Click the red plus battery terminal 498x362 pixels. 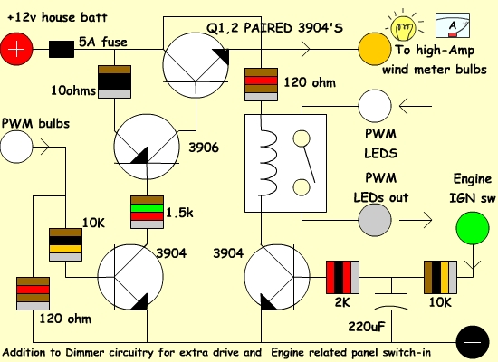click(16, 50)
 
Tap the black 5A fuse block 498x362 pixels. click(62, 49)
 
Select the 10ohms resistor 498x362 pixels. click(115, 82)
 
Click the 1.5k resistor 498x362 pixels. click(147, 212)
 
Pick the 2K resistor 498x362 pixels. click(342, 277)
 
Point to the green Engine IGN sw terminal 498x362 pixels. click(473, 228)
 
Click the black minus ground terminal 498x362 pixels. click(473, 342)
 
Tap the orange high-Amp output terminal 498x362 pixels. click(375, 49)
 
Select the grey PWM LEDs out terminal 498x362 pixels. click(375, 220)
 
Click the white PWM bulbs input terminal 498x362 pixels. click(16, 147)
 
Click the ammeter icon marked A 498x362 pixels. click(453, 25)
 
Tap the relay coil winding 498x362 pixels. click(268, 163)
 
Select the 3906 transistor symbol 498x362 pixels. click(147, 147)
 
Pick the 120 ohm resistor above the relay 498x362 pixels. click(261, 84)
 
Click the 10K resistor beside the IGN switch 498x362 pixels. click(440, 277)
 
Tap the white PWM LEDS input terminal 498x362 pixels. click(375, 106)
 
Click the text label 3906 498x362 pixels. click(204, 148)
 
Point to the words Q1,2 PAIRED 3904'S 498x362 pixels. click(274, 28)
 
